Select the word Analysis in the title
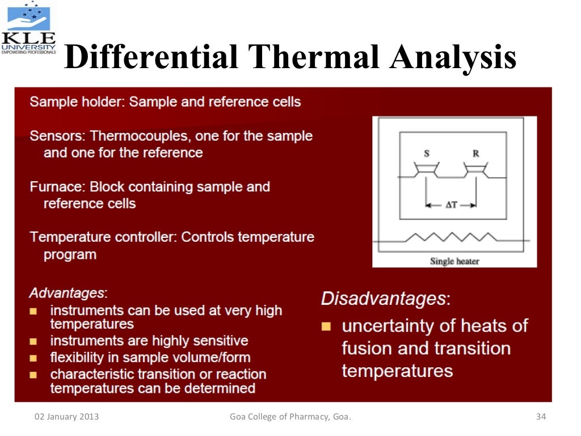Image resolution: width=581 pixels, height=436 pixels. click(x=452, y=57)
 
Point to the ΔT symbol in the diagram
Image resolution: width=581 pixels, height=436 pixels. click(x=451, y=206)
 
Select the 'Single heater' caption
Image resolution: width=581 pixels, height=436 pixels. click(x=454, y=261)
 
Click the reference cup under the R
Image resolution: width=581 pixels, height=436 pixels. click(x=474, y=169)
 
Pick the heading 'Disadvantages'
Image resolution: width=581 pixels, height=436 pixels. click(x=385, y=298)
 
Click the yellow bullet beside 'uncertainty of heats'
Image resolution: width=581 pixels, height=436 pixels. click(x=326, y=326)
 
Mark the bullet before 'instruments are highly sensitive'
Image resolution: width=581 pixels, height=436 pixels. click(x=33, y=342)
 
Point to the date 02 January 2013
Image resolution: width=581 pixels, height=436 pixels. click(x=66, y=417)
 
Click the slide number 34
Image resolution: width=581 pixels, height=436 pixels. click(x=540, y=417)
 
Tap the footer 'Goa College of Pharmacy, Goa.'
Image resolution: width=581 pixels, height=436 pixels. click(x=290, y=417)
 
